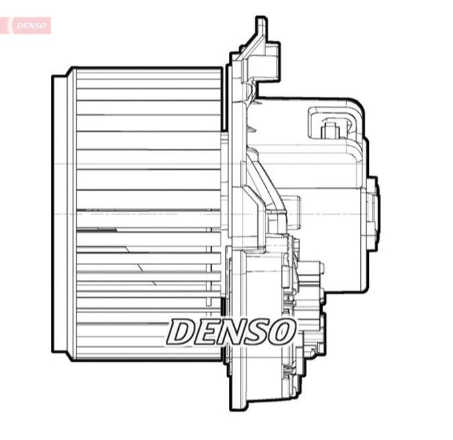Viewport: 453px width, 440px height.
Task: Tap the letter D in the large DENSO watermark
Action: click(183, 331)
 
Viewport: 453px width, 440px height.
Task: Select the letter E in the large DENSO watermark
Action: click(208, 331)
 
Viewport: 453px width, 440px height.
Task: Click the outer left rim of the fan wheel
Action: click(60, 214)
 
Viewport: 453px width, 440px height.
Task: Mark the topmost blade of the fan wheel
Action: click(148, 74)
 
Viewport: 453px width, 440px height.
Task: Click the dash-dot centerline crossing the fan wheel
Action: click(148, 214)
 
